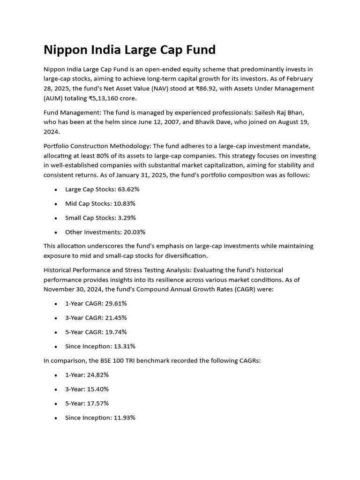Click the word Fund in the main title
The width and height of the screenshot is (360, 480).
(x=197, y=50)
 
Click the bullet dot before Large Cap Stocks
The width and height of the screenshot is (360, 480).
(x=56, y=190)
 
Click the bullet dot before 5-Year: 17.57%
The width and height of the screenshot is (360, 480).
(x=56, y=404)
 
